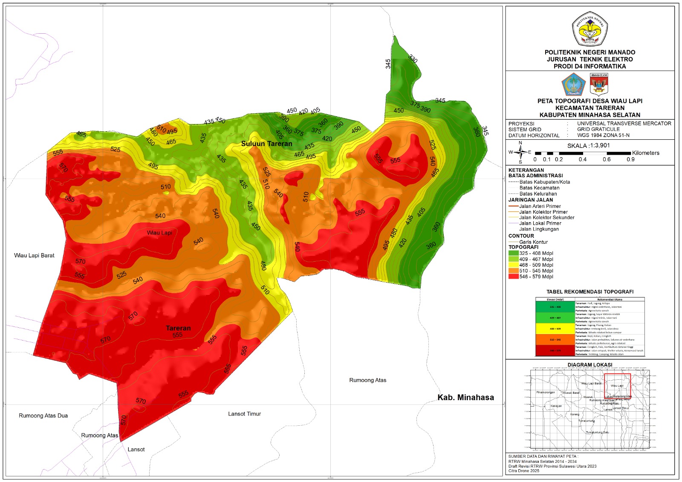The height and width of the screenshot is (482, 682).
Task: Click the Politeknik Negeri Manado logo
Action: (x=590, y=29)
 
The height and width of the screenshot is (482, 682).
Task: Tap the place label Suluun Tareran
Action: (x=266, y=144)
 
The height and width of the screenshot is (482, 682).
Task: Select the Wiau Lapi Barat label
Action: (x=34, y=255)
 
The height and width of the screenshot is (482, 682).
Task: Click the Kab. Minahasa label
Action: (x=465, y=398)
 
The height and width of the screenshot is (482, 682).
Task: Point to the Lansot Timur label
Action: (x=244, y=414)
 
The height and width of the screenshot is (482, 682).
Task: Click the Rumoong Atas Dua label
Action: (x=43, y=416)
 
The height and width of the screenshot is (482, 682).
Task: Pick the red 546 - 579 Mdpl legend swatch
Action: (x=513, y=277)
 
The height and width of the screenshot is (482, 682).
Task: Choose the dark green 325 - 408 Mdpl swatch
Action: (x=513, y=253)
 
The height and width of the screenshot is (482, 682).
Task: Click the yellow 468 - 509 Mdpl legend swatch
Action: (x=513, y=265)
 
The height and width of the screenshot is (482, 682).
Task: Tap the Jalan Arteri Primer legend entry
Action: (x=540, y=206)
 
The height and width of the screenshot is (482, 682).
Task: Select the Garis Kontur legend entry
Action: (x=533, y=242)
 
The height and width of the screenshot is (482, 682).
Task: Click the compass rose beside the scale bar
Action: (x=520, y=152)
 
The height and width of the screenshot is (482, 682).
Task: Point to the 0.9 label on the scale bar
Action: (x=630, y=159)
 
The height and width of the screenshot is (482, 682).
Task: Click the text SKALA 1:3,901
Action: (x=588, y=145)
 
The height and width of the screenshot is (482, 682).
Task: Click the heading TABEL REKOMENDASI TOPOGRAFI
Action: (x=590, y=292)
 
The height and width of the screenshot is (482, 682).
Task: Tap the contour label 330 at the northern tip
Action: (x=413, y=59)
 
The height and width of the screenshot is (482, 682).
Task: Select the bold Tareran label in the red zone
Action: (x=178, y=328)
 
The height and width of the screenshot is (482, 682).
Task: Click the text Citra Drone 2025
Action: (x=523, y=471)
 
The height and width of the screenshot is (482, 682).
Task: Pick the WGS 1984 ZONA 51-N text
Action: (x=603, y=136)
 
